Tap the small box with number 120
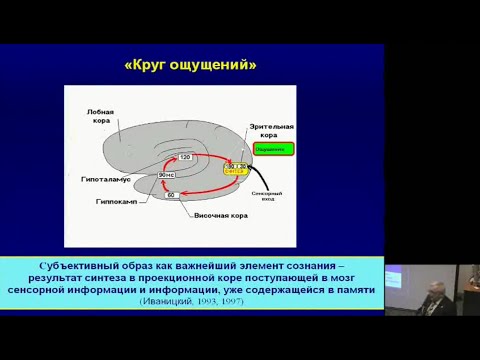point(185,157)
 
